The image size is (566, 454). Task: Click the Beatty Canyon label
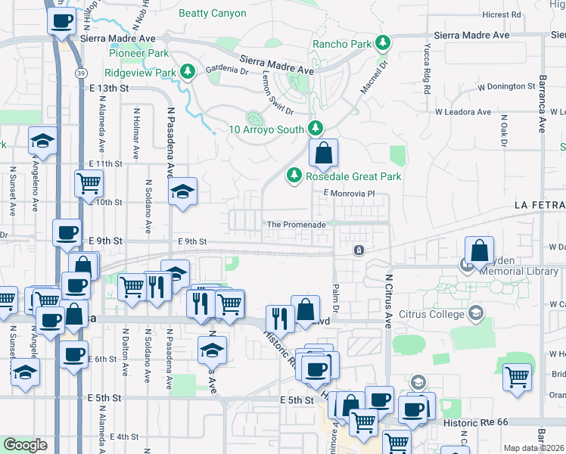[x=212, y=14]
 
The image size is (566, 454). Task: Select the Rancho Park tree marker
[x=383, y=44]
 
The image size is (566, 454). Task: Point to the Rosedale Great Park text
[x=353, y=176]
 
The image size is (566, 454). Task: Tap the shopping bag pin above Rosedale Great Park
[x=323, y=154]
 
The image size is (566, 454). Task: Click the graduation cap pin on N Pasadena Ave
[x=182, y=192]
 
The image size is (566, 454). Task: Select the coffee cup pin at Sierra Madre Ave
[x=62, y=20]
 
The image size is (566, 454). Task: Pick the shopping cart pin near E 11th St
[x=89, y=184]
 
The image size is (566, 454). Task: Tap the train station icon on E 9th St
[x=359, y=250]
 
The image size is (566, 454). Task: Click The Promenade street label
[x=296, y=225]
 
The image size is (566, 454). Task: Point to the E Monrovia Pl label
[x=350, y=194]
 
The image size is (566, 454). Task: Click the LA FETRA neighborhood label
[x=540, y=205]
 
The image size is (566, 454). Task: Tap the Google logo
[x=25, y=445]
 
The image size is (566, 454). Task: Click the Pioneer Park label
[x=138, y=53]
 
